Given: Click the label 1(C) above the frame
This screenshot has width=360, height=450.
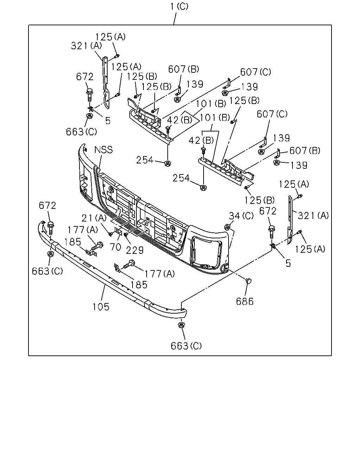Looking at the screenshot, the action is (x=179, y=6).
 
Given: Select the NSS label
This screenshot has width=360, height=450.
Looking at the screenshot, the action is (x=104, y=150).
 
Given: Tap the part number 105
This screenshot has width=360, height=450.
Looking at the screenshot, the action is (x=101, y=307).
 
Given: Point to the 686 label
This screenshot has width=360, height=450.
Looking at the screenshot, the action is (x=245, y=301).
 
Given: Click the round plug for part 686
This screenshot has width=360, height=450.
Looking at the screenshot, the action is (x=249, y=281).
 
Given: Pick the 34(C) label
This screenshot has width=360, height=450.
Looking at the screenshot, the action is (x=241, y=216).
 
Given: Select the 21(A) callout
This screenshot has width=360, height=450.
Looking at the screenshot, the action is (x=94, y=218).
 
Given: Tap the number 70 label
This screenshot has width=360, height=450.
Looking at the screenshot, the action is (x=115, y=247).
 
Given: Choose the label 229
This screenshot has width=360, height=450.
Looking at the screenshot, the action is (x=135, y=250).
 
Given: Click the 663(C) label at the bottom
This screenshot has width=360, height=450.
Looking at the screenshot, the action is (x=186, y=346).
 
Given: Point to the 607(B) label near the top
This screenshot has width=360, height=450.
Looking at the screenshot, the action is (x=184, y=69).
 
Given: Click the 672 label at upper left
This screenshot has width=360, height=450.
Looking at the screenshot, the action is (x=84, y=77).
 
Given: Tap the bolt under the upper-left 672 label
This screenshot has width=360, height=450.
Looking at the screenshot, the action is (x=90, y=95).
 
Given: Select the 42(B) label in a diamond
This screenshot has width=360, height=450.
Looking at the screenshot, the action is (x=180, y=120).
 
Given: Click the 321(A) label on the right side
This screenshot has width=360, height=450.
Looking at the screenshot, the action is (x=313, y=216).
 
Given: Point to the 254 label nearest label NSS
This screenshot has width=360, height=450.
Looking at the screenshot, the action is (x=145, y=160).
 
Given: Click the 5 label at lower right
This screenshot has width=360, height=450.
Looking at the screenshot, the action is (x=288, y=263).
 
